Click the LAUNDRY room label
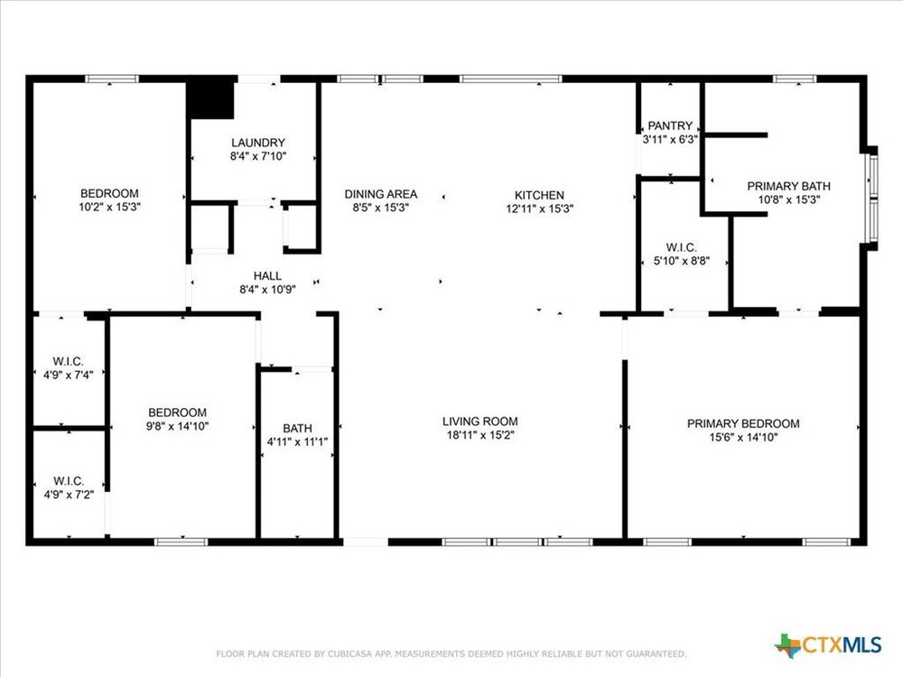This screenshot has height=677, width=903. [x=258, y=143]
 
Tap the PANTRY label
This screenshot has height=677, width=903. [x=670, y=125]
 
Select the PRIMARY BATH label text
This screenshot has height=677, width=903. [x=788, y=186]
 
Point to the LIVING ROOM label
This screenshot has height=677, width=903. [x=479, y=422]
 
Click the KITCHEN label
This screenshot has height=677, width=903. [x=539, y=195]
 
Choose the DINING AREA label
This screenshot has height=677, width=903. [x=381, y=195]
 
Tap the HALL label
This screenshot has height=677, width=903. [x=267, y=275]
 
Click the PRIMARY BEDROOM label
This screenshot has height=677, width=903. [x=743, y=423]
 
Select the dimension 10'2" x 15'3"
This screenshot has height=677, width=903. [x=109, y=207]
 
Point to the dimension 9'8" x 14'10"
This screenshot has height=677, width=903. [x=177, y=426]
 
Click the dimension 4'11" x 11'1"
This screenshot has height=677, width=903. [x=297, y=441]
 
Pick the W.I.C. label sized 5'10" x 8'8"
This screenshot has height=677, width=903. [x=681, y=247]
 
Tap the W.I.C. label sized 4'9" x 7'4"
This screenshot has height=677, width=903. [x=68, y=362]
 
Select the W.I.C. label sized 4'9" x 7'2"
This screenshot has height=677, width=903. [x=69, y=481]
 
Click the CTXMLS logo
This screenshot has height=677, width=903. [x=828, y=645]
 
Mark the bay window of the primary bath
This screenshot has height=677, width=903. [x=873, y=199]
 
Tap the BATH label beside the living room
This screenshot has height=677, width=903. [x=297, y=428]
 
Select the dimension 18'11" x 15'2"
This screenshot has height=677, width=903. [x=479, y=435]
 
